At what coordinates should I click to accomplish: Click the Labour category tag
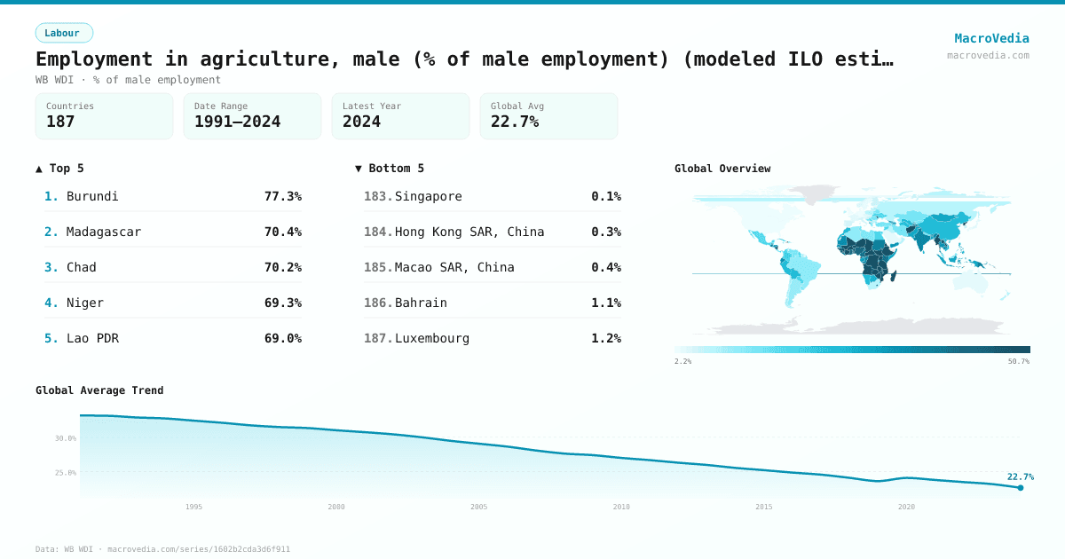tap(63, 33)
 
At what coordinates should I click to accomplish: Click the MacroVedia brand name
tap(991, 38)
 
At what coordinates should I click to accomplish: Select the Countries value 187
tap(60, 122)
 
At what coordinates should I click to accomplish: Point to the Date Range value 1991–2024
tap(237, 122)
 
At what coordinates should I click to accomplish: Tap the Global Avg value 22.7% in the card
tap(515, 122)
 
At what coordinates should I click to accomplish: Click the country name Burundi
tap(92, 196)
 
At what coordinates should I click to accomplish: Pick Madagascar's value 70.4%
tap(282, 232)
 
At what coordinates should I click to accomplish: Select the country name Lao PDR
tap(92, 338)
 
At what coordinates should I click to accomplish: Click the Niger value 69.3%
tap(282, 303)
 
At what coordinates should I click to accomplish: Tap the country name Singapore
tap(428, 196)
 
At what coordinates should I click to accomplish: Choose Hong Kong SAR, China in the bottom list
tap(469, 232)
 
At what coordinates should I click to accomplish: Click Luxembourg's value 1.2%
tap(605, 338)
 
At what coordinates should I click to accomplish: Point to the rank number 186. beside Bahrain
tap(378, 303)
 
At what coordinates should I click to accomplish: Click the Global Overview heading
tap(722, 169)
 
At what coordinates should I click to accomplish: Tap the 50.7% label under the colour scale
tap(1018, 362)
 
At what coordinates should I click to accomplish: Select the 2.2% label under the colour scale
tap(682, 362)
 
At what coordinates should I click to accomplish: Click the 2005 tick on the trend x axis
tap(479, 507)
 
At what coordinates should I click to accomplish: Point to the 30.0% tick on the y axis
tap(66, 438)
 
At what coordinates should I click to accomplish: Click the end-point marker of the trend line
tap(1021, 487)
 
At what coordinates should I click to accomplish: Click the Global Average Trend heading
tap(99, 390)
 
